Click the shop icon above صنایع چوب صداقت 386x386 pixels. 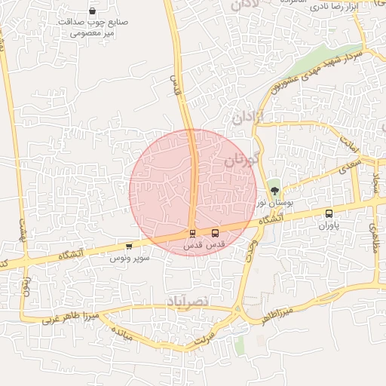click(93, 11)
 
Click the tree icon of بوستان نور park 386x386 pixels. click(274, 191)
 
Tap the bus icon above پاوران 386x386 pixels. click(329, 213)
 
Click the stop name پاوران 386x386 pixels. click(329, 225)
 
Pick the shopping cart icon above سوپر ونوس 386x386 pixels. click(129, 246)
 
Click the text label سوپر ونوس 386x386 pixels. click(130, 258)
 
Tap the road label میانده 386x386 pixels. click(121, 335)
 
